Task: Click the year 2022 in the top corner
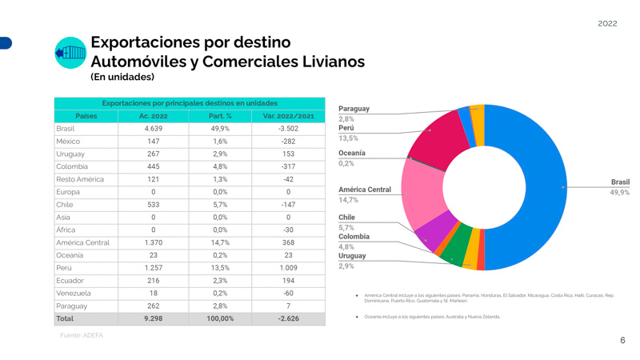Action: pyautogui.click(x=607, y=23)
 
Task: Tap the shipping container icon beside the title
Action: pyautogui.click(x=70, y=53)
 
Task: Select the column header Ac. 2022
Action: pyautogui.click(x=153, y=116)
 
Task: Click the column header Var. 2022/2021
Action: pyautogui.click(x=288, y=116)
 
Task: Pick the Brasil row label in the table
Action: pyautogui.click(x=66, y=129)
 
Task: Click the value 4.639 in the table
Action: pyautogui.click(x=153, y=129)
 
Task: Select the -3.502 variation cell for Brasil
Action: pyautogui.click(x=288, y=129)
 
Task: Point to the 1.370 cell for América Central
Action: pyautogui.click(x=153, y=242)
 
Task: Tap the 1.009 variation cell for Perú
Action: pyautogui.click(x=288, y=268)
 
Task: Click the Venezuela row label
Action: pyautogui.click(x=73, y=294)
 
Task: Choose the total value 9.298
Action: pyautogui.click(x=153, y=318)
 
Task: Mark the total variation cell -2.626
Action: pyautogui.click(x=288, y=318)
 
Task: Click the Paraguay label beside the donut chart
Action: pyautogui.click(x=354, y=109)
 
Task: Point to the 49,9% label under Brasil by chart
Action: pyautogui.click(x=619, y=193)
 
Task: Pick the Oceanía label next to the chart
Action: pyautogui.click(x=352, y=153)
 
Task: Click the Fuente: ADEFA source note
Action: pyautogui.click(x=82, y=336)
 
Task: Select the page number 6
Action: pyautogui.click(x=622, y=341)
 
